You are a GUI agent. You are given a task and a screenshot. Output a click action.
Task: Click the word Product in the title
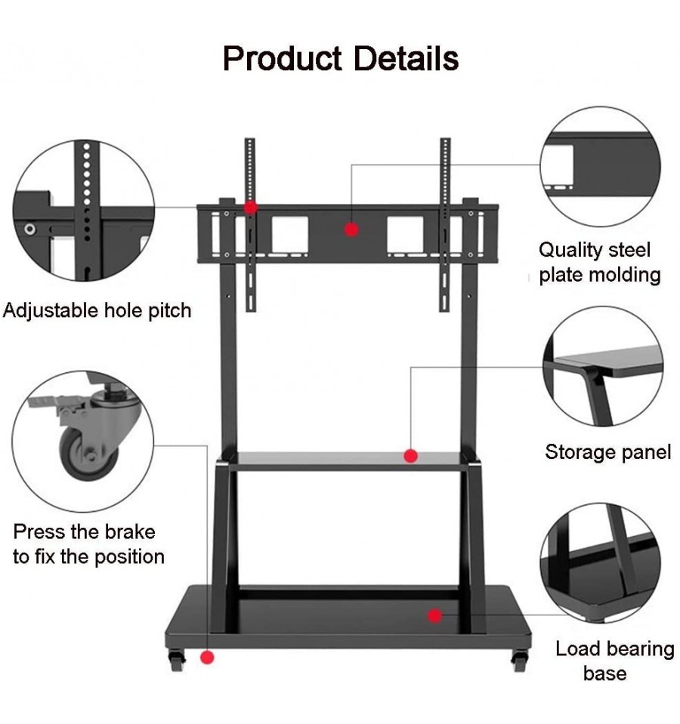(283, 59)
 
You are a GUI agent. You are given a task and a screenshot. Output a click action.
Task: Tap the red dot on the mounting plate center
(351, 230)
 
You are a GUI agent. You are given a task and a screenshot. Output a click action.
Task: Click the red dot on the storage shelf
(411, 456)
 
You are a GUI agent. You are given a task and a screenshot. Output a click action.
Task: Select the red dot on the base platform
(434, 615)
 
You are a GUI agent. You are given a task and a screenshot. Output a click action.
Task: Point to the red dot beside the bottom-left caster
(208, 657)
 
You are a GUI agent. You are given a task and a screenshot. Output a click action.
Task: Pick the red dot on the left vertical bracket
(251, 208)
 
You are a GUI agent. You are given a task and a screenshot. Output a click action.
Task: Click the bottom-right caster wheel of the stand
(519, 661)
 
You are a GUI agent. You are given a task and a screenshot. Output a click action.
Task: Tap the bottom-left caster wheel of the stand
(177, 661)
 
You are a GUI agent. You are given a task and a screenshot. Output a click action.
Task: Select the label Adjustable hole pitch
(97, 310)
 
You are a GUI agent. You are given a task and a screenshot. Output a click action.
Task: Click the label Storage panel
(608, 452)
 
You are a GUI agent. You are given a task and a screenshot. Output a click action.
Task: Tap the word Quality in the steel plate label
(570, 250)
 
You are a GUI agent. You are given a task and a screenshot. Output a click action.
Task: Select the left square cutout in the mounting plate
(290, 234)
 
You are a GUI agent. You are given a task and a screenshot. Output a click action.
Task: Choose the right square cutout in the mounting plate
(405, 234)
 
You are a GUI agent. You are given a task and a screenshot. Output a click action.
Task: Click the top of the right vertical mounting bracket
(445, 140)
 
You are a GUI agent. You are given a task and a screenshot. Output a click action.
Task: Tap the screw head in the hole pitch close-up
(30, 229)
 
